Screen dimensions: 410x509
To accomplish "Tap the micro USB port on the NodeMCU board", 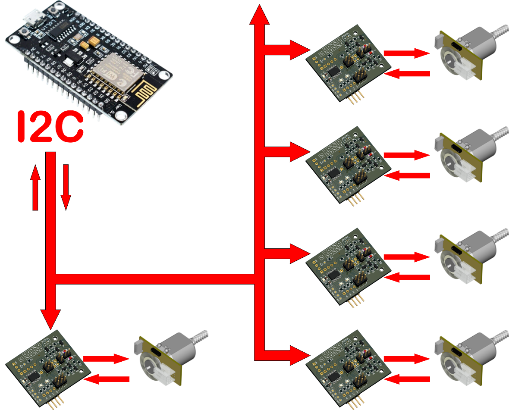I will (x=31, y=18).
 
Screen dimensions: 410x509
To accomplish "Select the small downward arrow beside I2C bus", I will (x=66, y=188).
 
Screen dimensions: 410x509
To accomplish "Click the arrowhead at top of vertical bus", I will (x=259, y=15).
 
